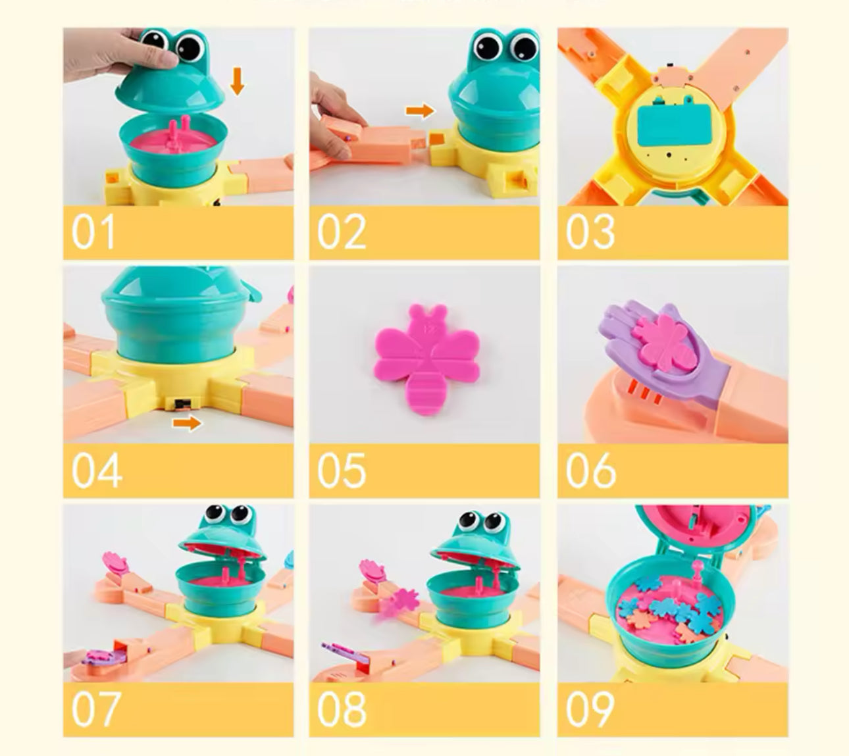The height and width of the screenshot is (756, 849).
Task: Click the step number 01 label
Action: [x=93, y=232]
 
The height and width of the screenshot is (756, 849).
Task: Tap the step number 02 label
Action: [x=341, y=232]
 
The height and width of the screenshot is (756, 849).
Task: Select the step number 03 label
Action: [x=590, y=232]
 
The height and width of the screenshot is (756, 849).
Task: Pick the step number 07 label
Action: [x=95, y=709]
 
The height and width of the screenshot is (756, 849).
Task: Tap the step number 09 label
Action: [x=590, y=709]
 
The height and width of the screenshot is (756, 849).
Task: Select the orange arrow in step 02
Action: [x=420, y=110]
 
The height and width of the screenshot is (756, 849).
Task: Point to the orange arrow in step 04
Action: [x=187, y=424]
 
